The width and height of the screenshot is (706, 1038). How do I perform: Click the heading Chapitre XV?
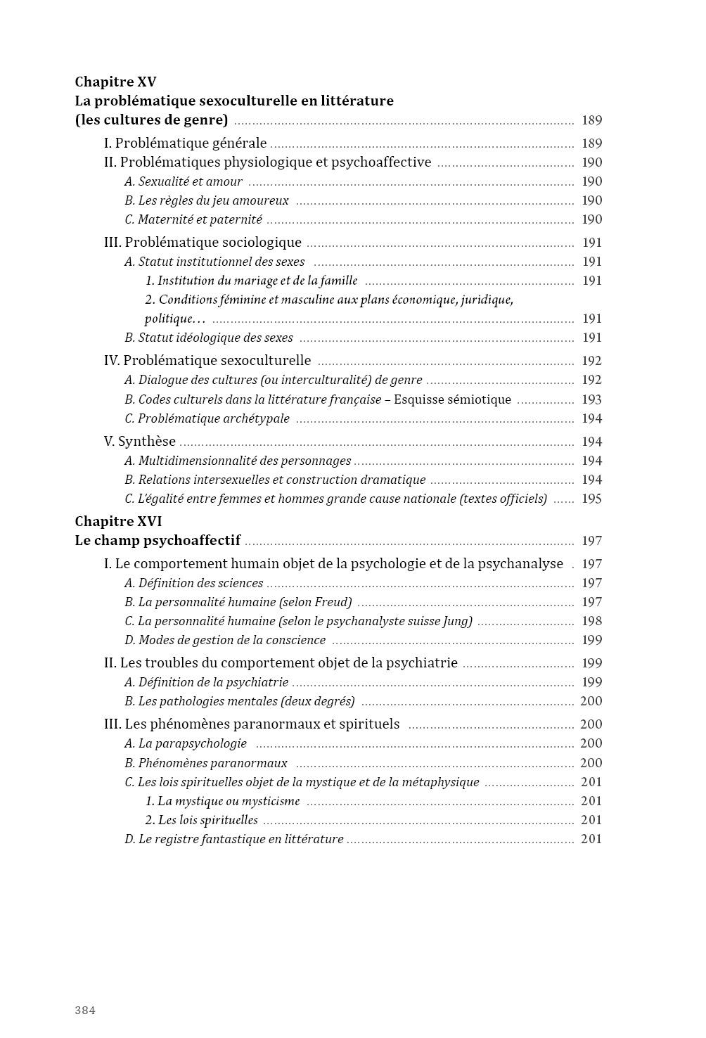[115, 82]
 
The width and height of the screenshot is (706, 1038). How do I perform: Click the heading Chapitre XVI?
[118, 521]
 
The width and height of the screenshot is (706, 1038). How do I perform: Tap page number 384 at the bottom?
[85, 1011]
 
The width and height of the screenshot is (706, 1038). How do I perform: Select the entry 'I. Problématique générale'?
[185, 143]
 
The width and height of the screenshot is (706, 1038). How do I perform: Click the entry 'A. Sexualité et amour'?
[184, 181]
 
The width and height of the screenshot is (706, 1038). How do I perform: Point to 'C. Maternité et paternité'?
[193, 219]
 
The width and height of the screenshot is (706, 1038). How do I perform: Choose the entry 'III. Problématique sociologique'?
[203, 243]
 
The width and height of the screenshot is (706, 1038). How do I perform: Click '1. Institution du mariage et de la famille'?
[251, 281]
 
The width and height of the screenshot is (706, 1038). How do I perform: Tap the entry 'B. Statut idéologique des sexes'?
[209, 338]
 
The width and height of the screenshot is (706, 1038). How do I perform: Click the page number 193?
[591, 399]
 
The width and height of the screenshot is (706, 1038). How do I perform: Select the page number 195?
[591, 499]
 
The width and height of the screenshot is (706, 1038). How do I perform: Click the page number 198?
[591, 621]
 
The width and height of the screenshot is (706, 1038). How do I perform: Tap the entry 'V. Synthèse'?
[139, 442]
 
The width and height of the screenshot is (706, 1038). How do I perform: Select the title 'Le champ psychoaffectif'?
[158, 541]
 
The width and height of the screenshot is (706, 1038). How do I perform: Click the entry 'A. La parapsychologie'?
[186, 743]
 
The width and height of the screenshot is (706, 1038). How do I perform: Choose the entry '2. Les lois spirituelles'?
[201, 820]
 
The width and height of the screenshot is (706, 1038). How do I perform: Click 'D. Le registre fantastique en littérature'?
[234, 839]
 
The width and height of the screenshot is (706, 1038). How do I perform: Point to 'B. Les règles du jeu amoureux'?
[207, 200]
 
